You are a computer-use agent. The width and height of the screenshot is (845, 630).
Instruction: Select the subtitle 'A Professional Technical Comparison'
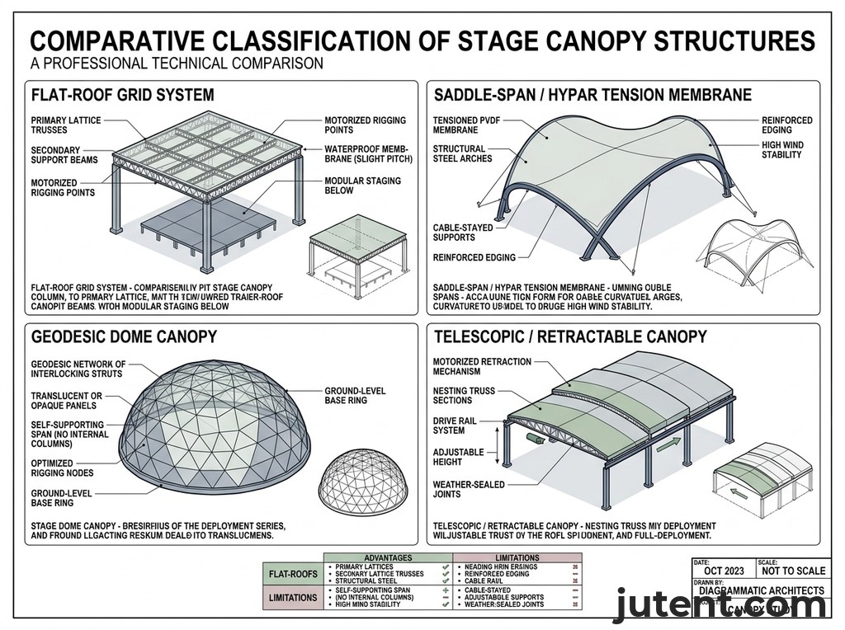176,63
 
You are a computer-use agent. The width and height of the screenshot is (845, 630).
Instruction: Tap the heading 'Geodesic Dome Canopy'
123,336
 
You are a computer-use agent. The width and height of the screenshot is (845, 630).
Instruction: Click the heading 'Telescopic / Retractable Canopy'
570,336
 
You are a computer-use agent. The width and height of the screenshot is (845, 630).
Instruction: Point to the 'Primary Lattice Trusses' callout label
65,125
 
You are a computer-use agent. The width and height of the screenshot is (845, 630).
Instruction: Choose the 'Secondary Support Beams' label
64,155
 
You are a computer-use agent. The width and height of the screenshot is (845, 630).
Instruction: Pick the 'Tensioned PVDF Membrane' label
466,125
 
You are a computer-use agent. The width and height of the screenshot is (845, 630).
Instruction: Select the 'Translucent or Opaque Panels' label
65,401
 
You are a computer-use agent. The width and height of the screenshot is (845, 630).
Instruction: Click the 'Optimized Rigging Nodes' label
62,468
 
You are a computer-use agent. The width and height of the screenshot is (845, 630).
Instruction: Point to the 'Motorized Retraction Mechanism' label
482,367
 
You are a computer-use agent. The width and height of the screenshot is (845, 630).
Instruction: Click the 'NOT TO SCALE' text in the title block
793,571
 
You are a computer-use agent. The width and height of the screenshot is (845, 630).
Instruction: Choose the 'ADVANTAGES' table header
389,558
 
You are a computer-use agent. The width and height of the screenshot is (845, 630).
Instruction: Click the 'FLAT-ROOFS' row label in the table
293,573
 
